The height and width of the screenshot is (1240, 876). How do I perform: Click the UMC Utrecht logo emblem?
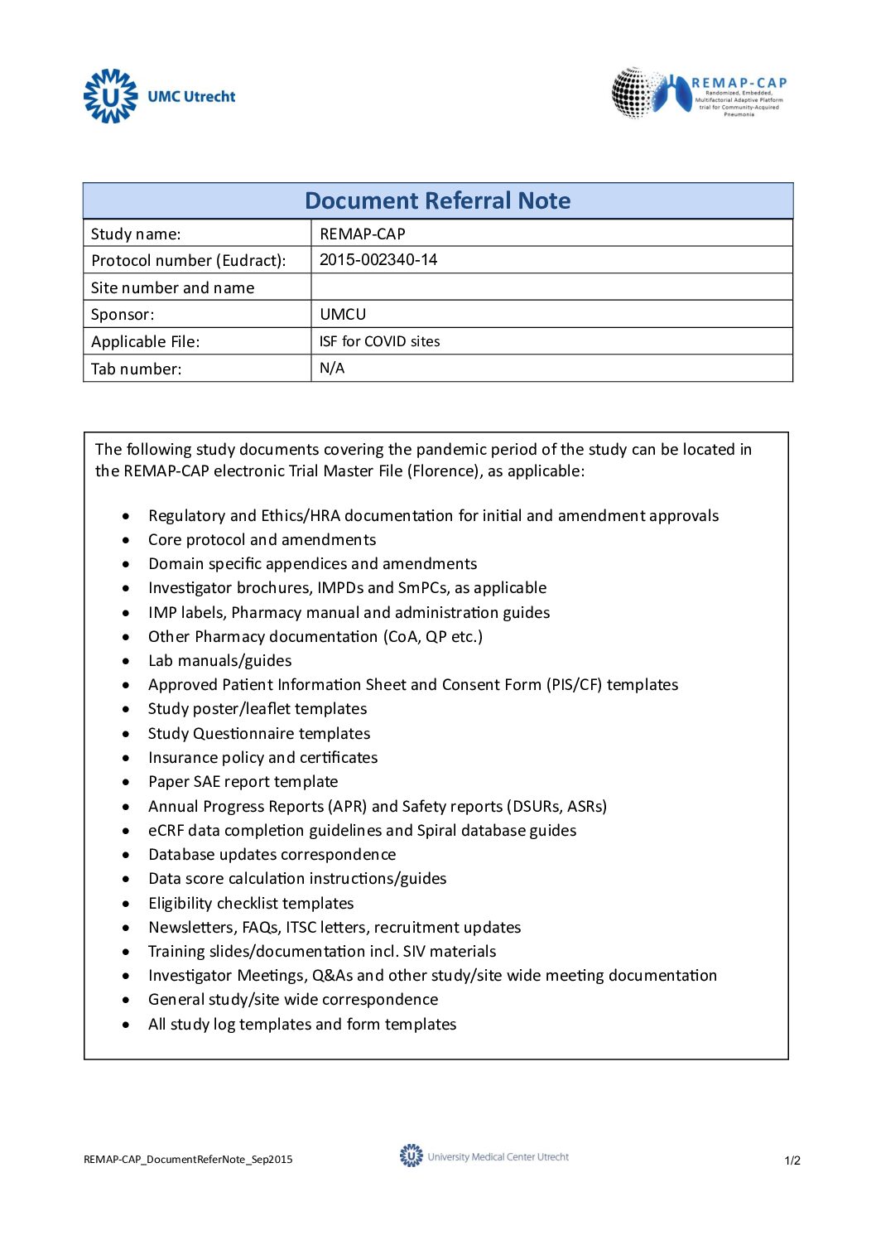(110, 96)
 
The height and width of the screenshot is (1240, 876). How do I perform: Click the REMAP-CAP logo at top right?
(700, 93)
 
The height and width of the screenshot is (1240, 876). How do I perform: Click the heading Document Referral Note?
(437, 201)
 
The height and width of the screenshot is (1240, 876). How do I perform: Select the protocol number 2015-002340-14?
(378, 260)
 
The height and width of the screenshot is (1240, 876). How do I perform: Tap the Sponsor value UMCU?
(343, 315)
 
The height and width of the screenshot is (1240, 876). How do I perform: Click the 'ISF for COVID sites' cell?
(379, 341)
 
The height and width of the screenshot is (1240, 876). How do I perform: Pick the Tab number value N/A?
(332, 369)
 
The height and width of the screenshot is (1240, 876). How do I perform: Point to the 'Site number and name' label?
(172, 288)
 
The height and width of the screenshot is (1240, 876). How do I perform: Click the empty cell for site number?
(551, 287)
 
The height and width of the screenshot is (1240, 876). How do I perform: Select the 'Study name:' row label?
(136, 234)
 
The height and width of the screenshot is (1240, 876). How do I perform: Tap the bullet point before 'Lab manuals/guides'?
(126, 661)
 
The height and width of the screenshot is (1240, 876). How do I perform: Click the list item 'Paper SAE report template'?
(243, 782)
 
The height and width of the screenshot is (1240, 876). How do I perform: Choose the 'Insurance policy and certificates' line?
(262, 758)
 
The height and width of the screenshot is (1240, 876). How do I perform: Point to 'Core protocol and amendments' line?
(262, 540)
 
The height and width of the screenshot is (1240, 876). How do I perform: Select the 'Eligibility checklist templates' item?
(251, 904)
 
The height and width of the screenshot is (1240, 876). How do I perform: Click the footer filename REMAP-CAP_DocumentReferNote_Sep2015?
(188, 1160)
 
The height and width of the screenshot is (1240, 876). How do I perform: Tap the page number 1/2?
(792, 1160)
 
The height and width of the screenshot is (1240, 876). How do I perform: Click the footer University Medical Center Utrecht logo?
(484, 1156)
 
